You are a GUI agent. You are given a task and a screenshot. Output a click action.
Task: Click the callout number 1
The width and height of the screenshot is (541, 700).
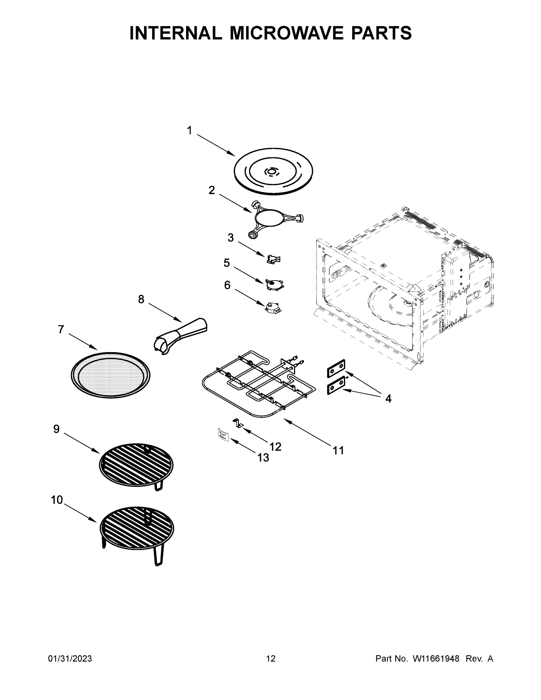(189, 130)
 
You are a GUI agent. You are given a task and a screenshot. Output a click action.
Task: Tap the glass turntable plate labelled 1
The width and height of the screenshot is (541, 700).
(273, 171)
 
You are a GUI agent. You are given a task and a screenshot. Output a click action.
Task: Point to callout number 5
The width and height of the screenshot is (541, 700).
(227, 263)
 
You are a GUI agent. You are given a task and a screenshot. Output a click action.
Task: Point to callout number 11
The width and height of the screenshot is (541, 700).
(338, 450)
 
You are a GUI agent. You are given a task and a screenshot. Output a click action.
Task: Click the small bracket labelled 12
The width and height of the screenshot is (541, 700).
(238, 423)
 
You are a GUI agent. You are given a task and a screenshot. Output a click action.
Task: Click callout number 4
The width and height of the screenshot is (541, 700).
(388, 399)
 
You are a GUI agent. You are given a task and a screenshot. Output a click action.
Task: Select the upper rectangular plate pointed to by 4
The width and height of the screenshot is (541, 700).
(336, 369)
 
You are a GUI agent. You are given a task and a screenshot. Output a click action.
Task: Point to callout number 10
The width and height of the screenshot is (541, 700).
(57, 500)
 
